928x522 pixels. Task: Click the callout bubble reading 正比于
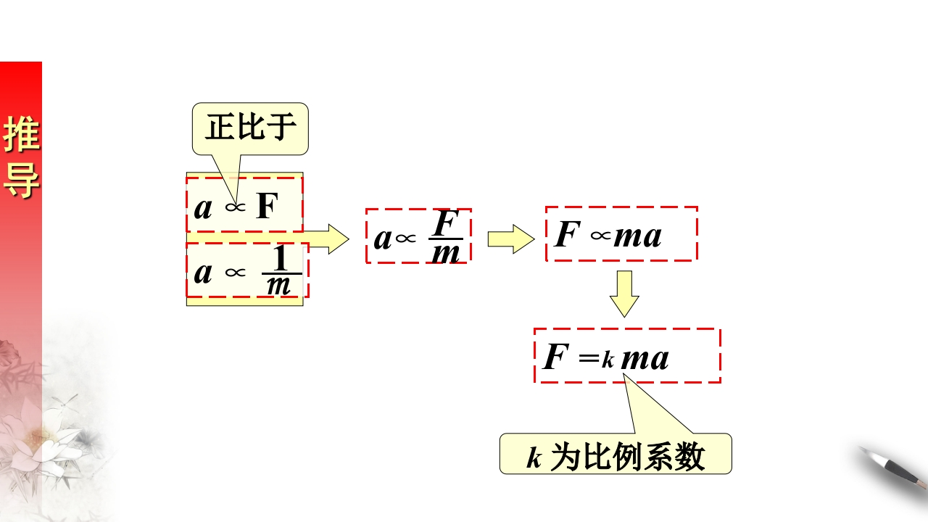coord(250,128)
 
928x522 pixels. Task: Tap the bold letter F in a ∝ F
coord(267,207)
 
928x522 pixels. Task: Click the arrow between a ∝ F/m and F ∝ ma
coord(510,239)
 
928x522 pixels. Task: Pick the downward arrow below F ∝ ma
coord(624,294)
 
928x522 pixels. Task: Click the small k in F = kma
coord(608,359)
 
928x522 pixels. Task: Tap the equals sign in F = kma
coord(588,357)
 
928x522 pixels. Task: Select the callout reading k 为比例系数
coord(616,455)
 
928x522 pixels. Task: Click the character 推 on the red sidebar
coord(21,135)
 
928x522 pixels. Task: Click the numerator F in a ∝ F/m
coord(446,223)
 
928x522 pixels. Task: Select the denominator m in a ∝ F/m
coord(446,253)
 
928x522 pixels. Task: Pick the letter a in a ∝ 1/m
coord(204,272)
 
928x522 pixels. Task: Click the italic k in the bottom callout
coord(534,457)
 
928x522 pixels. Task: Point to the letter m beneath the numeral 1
coord(278,286)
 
